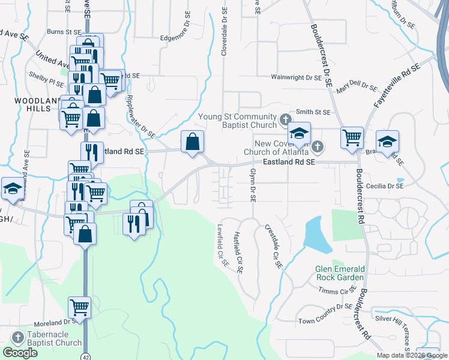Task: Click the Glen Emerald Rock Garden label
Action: pos(339,273)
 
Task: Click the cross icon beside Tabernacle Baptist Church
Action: pos(17,338)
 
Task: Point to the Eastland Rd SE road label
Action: pos(289,162)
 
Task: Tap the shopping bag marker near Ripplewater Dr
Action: pos(192,143)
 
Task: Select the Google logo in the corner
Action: pos(20,353)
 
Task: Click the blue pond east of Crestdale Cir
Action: pos(317,234)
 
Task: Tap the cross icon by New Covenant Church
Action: pos(319,146)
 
